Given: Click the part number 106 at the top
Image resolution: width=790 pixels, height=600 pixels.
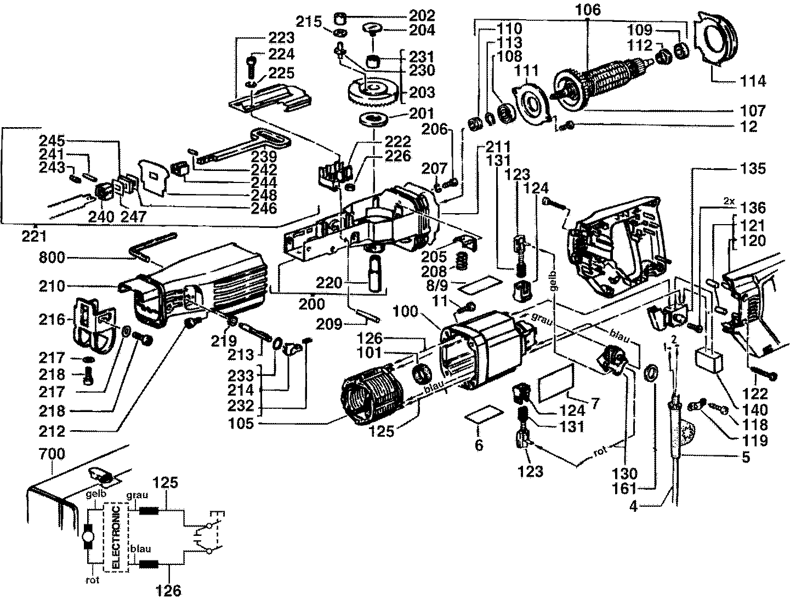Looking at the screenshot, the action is [x=588, y=9].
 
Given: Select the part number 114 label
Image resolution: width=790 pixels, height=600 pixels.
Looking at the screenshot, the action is [x=753, y=81].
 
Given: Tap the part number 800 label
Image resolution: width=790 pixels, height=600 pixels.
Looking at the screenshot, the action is [x=52, y=258].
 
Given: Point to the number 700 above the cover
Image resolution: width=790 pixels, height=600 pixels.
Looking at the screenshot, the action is [x=52, y=454].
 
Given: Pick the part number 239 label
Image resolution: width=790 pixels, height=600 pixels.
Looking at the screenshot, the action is [x=263, y=157].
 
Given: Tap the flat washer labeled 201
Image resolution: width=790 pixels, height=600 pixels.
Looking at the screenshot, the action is [x=373, y=119].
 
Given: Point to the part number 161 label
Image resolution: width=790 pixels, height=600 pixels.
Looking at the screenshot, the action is [x=624, y=488].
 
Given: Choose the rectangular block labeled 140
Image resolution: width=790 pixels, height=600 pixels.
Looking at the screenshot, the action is [x=708, y=361].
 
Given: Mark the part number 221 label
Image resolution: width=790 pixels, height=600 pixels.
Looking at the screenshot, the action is [x=34, y=236].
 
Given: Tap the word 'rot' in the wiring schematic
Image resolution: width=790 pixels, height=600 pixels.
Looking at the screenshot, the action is [x=93, y=580].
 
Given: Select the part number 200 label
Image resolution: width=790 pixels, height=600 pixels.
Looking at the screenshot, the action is [x=312, y=304].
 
